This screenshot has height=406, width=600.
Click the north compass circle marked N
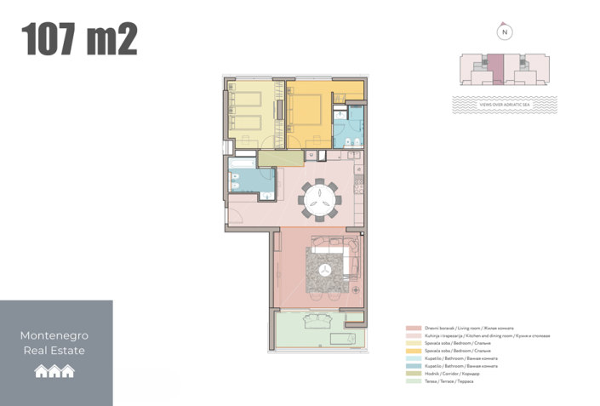tap(505, 32)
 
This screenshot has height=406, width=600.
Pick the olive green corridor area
tap(274, 157)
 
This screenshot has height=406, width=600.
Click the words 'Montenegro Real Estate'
tap(53, 343)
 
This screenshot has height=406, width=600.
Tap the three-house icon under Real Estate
tap(54, 371)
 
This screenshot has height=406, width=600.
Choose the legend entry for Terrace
tap(443, 380)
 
